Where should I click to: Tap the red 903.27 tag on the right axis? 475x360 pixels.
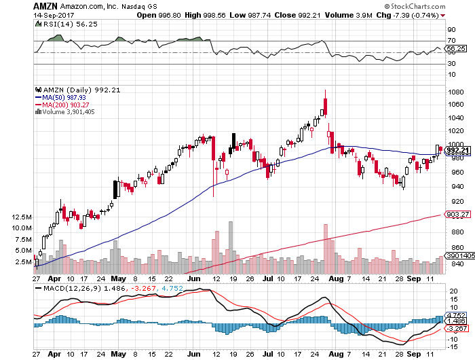458,215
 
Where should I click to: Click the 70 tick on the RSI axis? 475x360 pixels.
450,41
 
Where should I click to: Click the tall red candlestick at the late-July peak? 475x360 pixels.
326,106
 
